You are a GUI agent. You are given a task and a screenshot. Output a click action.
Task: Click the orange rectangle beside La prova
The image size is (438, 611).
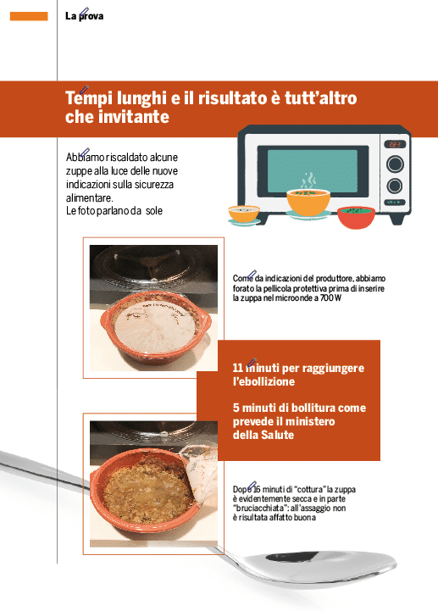coord(29,16)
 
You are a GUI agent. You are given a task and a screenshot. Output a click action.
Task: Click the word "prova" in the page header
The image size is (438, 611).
coord(91,16)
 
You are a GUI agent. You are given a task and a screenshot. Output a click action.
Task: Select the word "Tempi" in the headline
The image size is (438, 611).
coord(89,98)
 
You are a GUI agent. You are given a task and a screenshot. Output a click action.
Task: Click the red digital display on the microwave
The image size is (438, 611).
coord(395,145)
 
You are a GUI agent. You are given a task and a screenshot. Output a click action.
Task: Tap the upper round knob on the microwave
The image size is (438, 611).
coord(395,164)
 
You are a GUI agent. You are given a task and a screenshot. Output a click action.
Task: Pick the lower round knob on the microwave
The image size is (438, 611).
coord(394,186)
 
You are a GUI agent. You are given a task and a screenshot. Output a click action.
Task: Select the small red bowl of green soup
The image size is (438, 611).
coord(356,216)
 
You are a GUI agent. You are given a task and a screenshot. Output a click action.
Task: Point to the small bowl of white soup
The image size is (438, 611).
coord(244,214)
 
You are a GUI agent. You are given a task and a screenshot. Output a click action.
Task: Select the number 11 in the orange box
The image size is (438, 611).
coord(238,368)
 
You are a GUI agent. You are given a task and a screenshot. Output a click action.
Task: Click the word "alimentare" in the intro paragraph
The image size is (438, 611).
coord(89,198)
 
